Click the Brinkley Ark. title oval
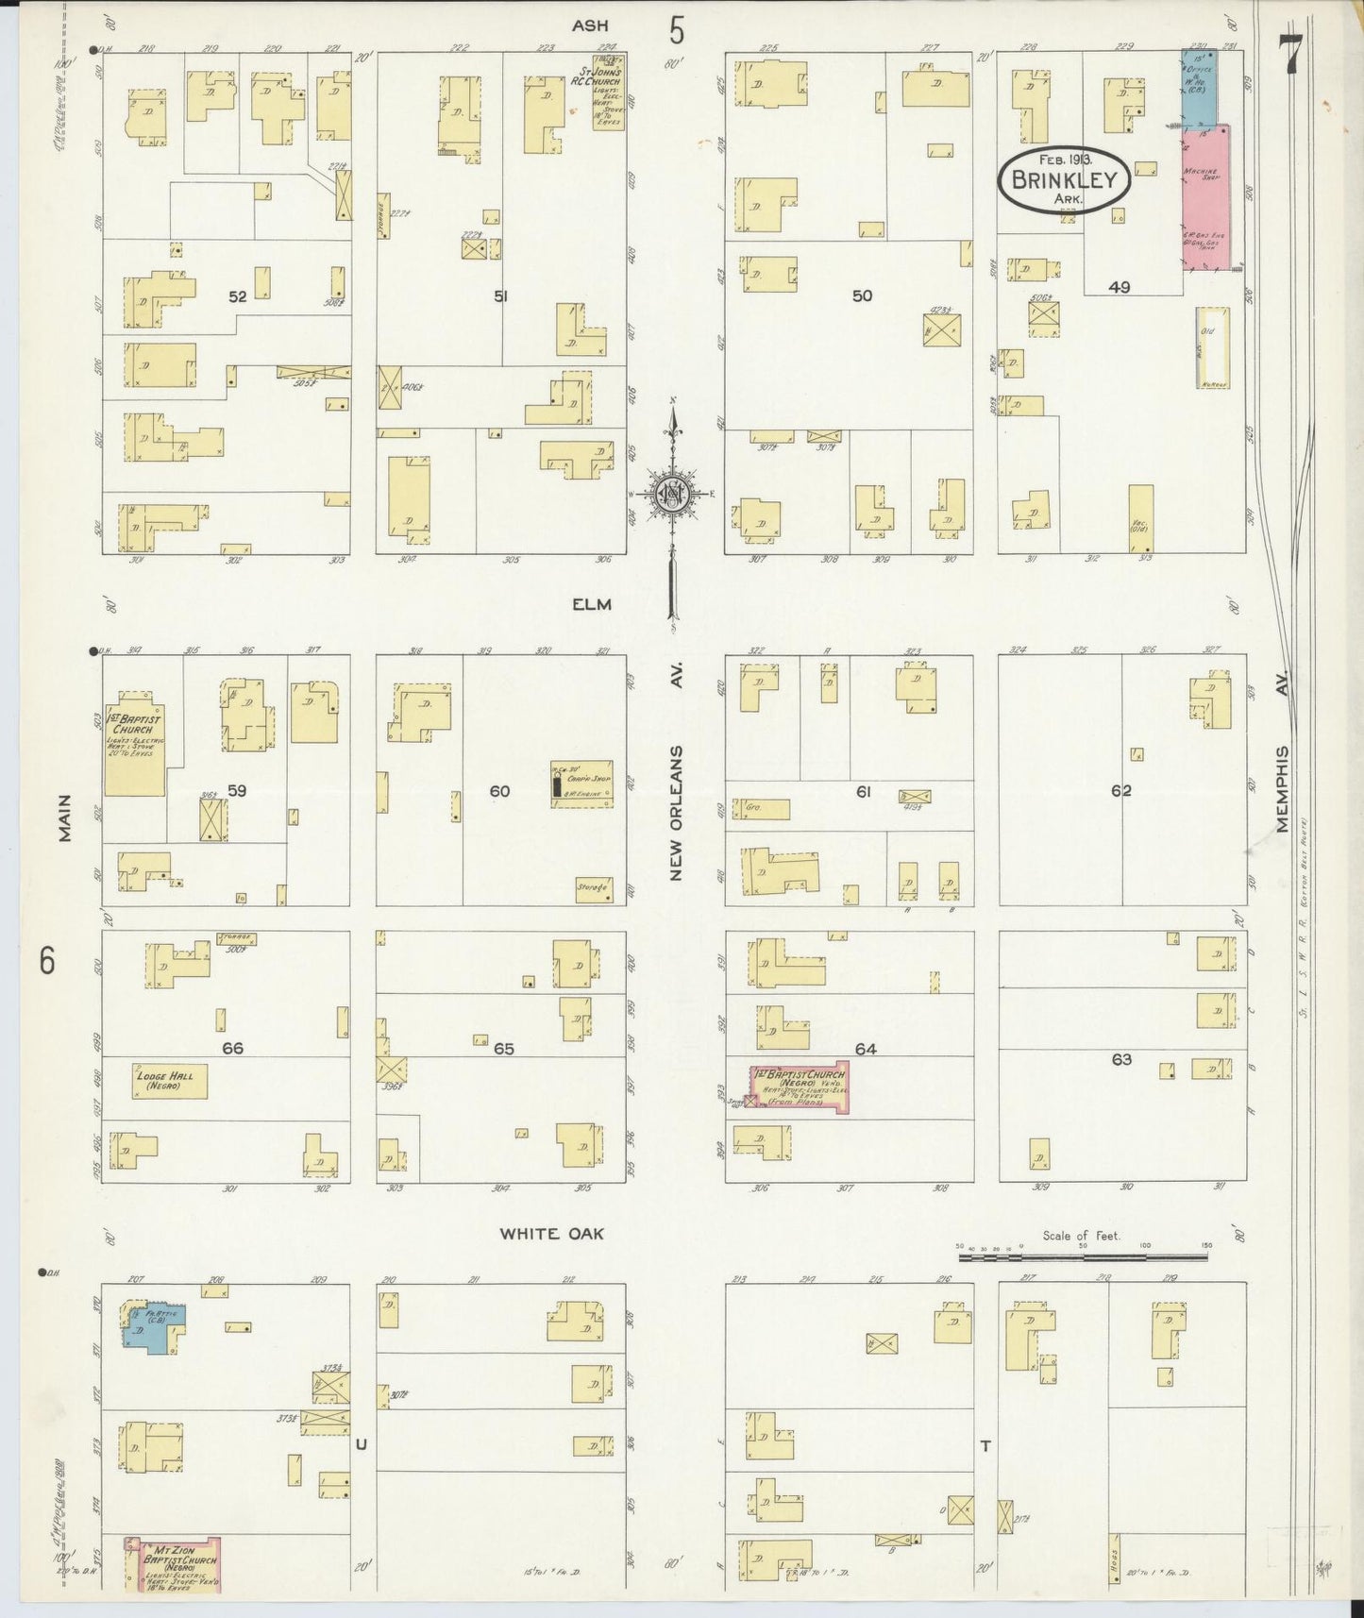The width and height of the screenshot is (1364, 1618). [1064, 179]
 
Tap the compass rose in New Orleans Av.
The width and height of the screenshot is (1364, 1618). [672, 495]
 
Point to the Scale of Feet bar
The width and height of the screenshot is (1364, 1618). [1082, 1256]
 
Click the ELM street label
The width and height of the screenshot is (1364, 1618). [591, 604]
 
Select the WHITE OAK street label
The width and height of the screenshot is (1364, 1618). [551, 1233]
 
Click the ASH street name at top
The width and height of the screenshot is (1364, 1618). [591, 25]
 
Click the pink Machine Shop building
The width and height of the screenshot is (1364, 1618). [1206, 197]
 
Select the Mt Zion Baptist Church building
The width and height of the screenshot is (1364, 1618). [175, 1564]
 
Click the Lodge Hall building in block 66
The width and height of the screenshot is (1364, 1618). [169, 1082]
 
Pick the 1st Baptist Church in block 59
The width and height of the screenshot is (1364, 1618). [135, 749]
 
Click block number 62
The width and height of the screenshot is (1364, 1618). [1120, 791]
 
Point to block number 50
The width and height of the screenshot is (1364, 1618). [862, 295]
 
